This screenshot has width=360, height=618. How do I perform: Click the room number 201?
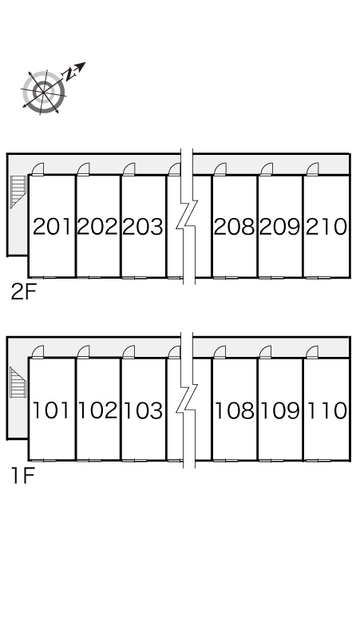pos(53,227)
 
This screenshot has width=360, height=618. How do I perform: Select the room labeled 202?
pos(97,227)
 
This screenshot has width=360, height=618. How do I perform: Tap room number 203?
pos(143,227)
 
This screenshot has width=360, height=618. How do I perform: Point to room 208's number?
pos(234,227)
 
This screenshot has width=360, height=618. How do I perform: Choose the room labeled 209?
pos(279,227)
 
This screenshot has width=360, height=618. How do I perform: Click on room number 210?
pos(326,227)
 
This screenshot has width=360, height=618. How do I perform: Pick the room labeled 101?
pos(51,410)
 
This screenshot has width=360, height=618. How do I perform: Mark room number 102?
pos(97,410)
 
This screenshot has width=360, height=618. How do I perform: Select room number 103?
pos(143,410)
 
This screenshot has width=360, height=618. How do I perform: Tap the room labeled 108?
pos(234,410)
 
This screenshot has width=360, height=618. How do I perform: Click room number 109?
pos(279,410)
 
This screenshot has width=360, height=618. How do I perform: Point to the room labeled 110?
pos(326,410)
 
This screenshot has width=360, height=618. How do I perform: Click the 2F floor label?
pos(24,292)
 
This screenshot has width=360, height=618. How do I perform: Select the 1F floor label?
pos(23,475)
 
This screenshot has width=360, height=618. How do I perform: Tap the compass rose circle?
pos(43,92)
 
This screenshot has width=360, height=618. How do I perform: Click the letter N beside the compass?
pos(70,73)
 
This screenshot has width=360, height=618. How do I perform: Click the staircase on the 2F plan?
pos(18,192)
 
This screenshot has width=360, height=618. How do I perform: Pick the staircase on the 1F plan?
pos(18,382)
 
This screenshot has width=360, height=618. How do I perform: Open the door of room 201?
pos(38,168)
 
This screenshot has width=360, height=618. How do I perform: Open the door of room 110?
pos(312,352)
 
